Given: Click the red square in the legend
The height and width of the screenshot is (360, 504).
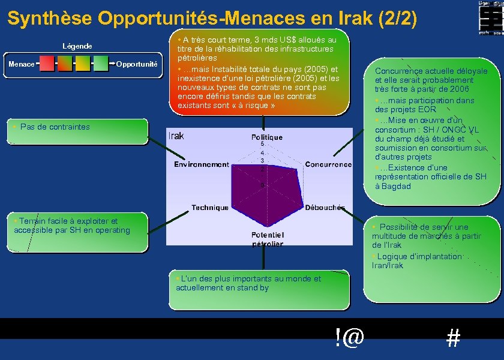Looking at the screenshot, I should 47,63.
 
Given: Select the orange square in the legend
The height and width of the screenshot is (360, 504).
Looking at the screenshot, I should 65,63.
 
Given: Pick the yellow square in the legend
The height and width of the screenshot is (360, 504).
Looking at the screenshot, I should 83,63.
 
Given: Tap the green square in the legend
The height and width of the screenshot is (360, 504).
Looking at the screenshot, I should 101,63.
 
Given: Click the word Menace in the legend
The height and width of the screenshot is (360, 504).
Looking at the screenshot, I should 21,64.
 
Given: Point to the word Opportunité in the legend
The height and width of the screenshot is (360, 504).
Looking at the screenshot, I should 137,64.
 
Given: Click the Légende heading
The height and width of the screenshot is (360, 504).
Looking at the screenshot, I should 77,46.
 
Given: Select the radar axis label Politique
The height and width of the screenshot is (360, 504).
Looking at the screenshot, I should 266,137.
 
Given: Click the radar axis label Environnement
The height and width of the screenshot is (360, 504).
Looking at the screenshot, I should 202,164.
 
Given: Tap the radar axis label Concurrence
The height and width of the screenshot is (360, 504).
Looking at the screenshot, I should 328,164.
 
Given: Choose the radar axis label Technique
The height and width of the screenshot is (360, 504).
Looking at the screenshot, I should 210,208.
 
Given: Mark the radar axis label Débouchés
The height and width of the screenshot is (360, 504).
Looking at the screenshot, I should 325,208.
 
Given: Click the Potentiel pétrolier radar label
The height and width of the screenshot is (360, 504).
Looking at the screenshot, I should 268,239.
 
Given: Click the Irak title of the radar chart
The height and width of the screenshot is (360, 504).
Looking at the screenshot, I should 176,136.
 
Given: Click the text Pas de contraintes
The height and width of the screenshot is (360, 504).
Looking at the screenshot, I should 55,127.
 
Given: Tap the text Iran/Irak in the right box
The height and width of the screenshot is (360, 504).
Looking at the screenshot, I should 388,265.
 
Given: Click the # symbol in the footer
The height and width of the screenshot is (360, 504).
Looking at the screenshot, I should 454,339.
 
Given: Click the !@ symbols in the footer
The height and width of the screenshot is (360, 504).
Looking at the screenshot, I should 350,338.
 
